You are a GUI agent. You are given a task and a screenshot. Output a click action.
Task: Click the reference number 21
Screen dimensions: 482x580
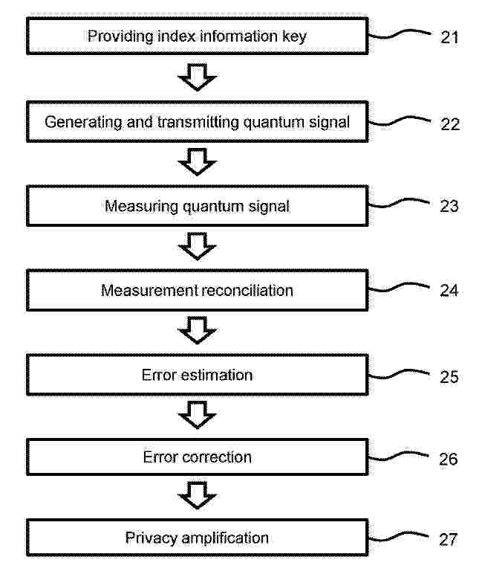coord(449,37)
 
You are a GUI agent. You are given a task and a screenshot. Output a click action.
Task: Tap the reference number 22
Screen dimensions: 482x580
coord(450,124)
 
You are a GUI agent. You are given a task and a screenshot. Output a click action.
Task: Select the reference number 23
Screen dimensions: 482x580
coord(449,206)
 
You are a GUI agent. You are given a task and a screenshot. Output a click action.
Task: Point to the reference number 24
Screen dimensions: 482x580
coord(449,290)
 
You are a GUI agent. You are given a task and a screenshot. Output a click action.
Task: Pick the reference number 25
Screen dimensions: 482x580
coord(449,377)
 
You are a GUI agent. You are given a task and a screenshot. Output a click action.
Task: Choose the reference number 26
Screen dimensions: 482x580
coord(449,459)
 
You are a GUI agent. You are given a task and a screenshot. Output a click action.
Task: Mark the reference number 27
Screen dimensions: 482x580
coord(449,540)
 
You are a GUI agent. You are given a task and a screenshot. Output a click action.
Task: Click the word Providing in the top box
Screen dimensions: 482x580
coord(120,37)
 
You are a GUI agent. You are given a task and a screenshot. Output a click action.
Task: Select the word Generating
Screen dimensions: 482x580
coord(83,123)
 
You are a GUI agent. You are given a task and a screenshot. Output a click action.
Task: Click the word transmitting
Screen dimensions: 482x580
coord(199,123)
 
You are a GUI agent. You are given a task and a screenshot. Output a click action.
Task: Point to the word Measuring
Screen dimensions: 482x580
coord(141,207)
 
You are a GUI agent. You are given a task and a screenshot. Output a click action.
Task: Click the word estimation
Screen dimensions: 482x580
coord(217,375)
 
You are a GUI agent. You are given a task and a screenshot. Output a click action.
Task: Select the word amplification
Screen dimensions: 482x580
coord(225,538)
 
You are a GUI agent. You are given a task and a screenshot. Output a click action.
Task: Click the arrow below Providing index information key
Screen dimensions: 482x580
coord(198,77)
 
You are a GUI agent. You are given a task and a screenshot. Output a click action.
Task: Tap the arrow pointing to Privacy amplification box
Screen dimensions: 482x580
coord(198,495)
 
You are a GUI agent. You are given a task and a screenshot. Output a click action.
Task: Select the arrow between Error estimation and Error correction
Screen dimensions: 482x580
coord(198,415)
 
